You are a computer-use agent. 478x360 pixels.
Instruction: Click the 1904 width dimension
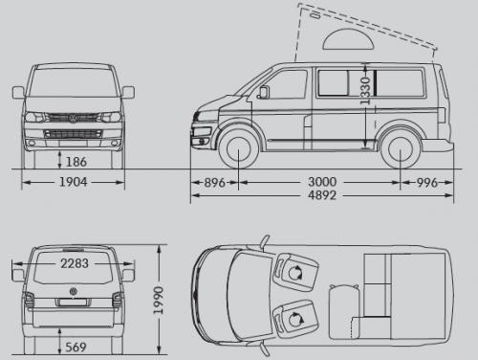pos(74,182)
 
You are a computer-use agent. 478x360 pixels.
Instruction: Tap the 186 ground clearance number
pos(76,162)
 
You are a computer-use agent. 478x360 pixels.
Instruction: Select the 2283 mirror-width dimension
pos(75,263)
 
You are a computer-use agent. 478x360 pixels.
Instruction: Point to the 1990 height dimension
pos(159,301)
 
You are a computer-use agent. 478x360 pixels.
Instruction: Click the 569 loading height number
pos(76,347)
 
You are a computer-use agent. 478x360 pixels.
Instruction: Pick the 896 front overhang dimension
pos(215,183)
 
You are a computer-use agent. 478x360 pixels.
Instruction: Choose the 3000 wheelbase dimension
pos(322,182)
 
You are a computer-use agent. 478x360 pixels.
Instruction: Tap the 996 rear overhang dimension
pos(427,183)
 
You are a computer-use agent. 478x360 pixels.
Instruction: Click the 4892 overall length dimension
pos(322,195)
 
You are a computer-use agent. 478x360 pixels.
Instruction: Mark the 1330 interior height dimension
pos(365,90)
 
